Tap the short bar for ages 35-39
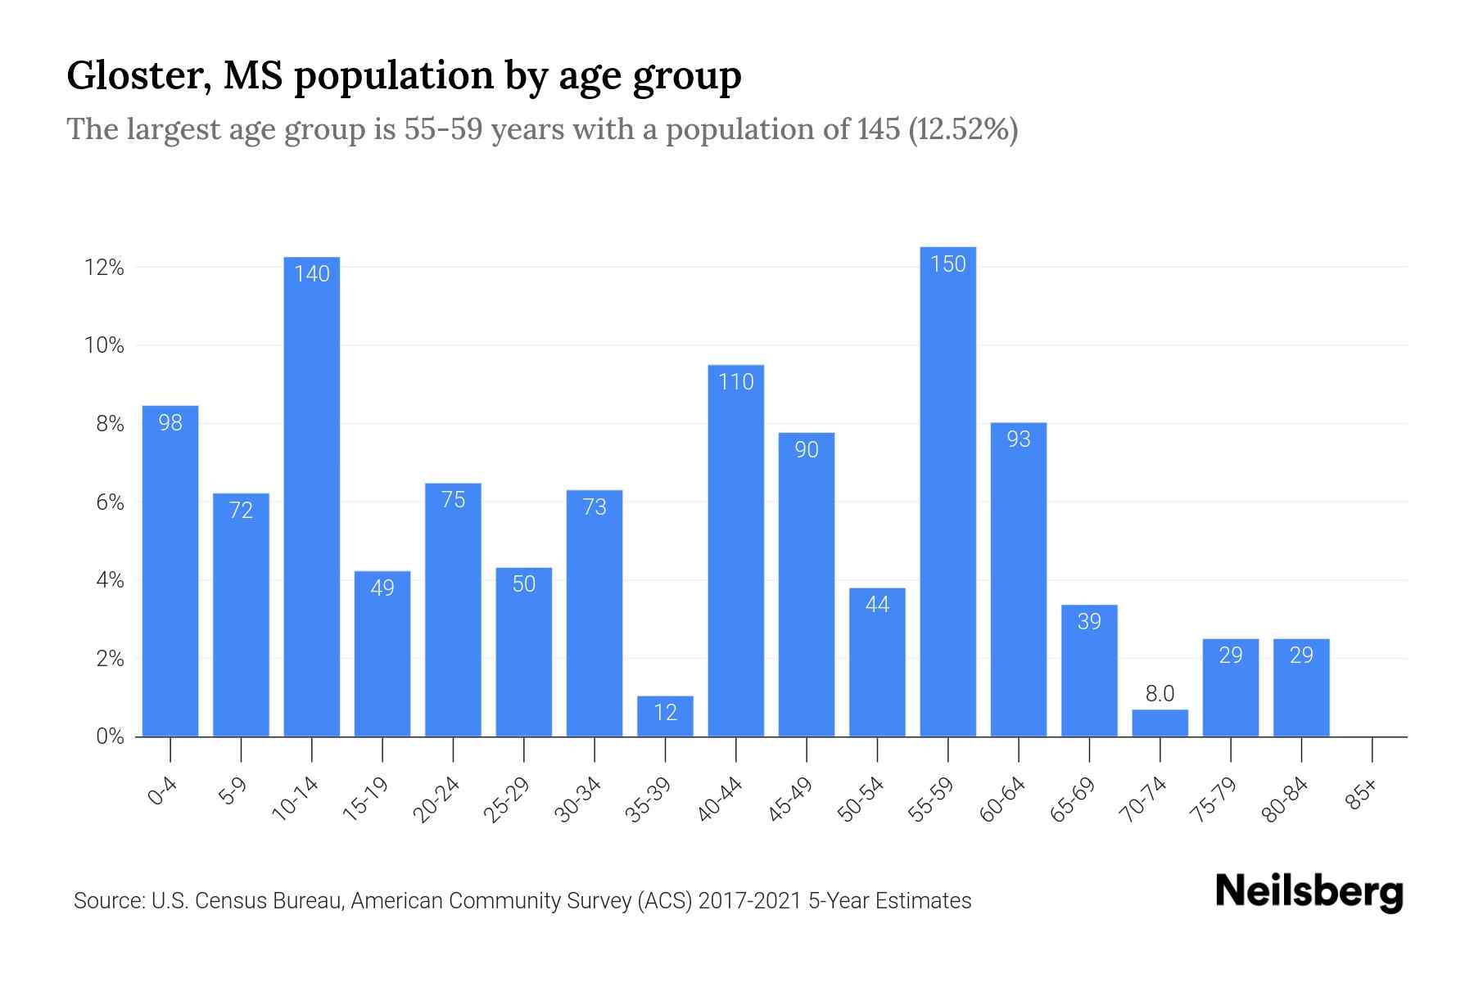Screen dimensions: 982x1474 coord(665,717)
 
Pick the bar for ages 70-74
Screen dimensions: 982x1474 coord(1160,723)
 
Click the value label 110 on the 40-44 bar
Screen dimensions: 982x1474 coord(735,382)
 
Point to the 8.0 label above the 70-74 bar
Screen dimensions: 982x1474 coord(1160,694)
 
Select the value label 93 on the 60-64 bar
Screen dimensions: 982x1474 coord(1018,439)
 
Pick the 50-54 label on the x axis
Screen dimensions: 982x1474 coord(861,800)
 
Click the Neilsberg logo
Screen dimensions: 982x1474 coord(1309,892)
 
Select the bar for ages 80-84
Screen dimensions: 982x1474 coord(1301,687)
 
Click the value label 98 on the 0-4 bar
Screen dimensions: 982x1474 coord(170,423)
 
